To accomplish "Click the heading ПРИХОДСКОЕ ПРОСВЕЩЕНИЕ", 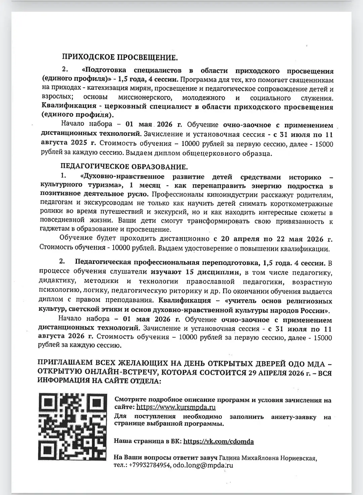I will tap(119, 57).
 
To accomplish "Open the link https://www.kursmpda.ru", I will tap(176, 408).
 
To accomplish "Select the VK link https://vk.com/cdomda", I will tap(218, 442).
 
